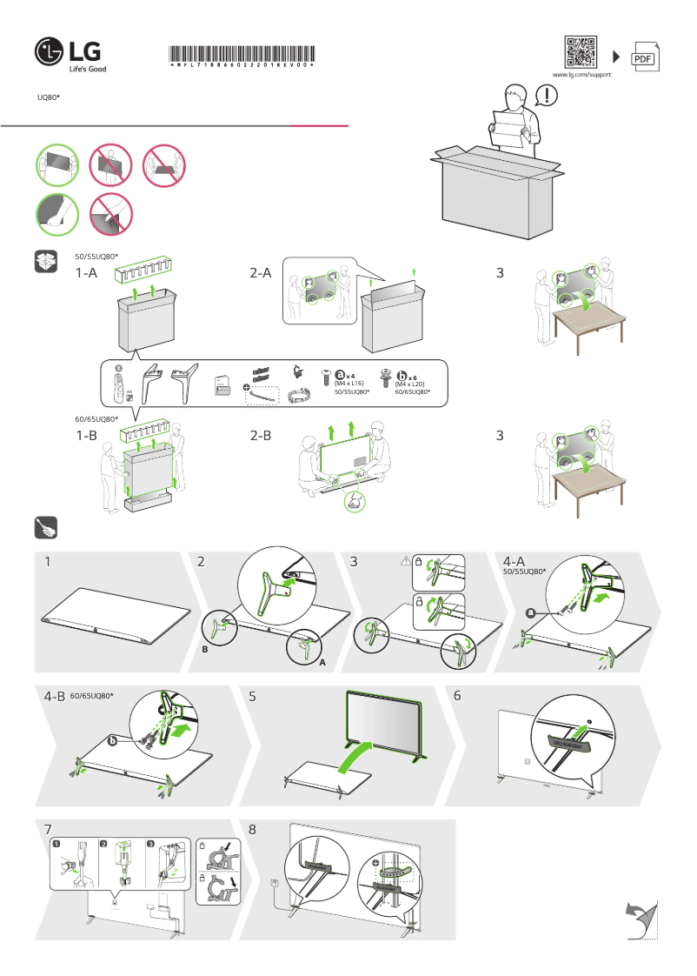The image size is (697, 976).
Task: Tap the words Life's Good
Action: click(x=88, y=69)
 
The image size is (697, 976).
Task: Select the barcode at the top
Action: click(x=241, y=55)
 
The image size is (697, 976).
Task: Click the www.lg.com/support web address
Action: click(x=581, y=76)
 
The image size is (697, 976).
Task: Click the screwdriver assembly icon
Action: click(x=46, y=528)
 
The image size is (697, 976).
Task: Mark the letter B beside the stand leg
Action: click(x=206, y=650)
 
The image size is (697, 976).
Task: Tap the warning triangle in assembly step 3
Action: click(x=404, y=562)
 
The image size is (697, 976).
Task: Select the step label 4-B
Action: click(x=55, y=697)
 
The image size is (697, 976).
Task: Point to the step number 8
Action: click(x=253, y=830)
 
